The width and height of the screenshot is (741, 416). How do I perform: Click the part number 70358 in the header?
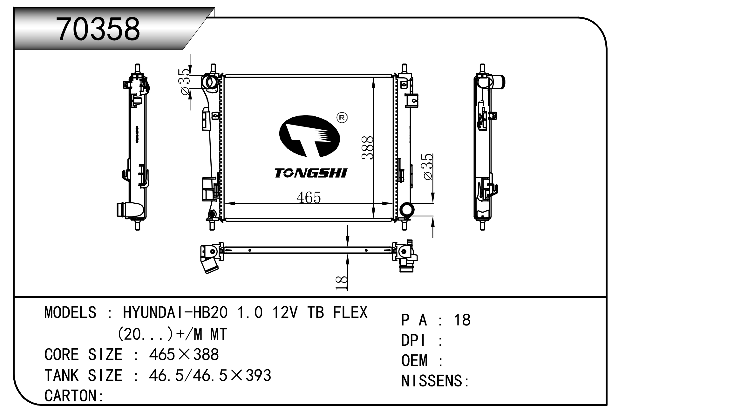tap(98, 29)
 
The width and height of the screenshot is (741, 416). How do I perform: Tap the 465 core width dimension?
tap(309, 197)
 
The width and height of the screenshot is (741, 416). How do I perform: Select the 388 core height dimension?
tap(368, 147)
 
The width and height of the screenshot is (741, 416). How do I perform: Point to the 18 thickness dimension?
tap(342, 283)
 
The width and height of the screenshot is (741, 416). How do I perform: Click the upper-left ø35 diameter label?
tap(185, 82)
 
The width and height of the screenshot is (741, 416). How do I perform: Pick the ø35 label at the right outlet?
tap(428, 167)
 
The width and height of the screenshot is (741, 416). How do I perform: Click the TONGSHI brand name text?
tap(311, 173)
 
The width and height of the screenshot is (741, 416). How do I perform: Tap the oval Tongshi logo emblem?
tap(309, 136)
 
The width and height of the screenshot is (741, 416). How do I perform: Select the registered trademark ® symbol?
tap(342, 118)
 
